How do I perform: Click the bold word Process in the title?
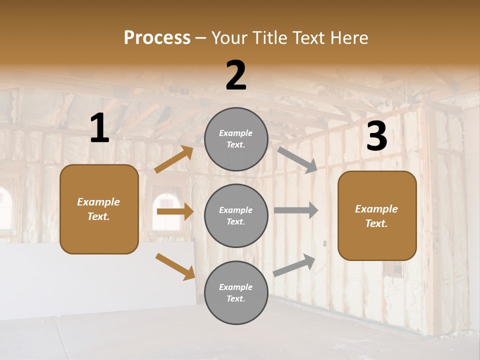157,38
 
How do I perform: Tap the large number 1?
99,128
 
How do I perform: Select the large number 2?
236,75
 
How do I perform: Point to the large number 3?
376,136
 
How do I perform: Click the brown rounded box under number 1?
99,209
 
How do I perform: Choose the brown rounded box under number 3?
377,215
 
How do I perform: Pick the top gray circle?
236,139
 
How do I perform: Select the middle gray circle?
236,215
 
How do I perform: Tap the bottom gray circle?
236,292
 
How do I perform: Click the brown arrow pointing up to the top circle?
174,159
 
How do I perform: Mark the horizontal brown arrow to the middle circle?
174,211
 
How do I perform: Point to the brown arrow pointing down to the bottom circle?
175,266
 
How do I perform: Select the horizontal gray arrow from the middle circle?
295,210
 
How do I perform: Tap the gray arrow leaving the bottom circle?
294,265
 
